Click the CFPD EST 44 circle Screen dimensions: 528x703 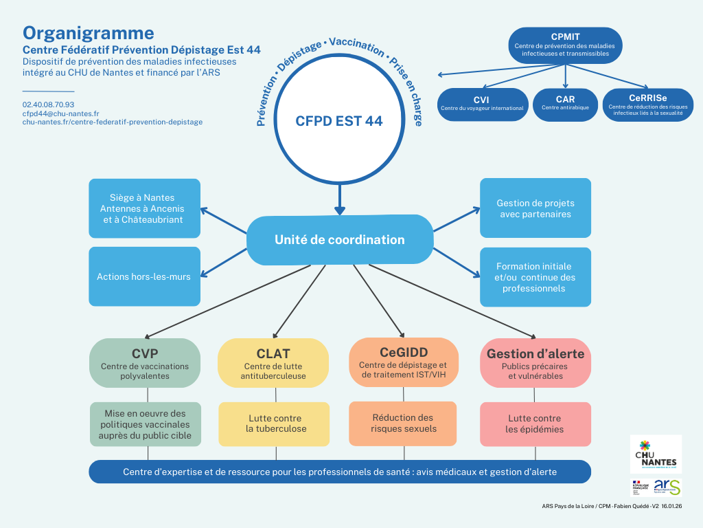(x=339, y=121)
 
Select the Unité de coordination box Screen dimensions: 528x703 (x=339, y=240)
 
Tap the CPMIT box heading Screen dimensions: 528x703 (x=565, y=36)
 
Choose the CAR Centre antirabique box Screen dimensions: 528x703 (x=565, y=104)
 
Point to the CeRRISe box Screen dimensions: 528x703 (x=647, y=104)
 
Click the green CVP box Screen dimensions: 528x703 (x=145, y=362)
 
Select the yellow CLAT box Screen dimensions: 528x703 (x=273, y=362)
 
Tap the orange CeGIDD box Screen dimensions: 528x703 (x=403, y=362)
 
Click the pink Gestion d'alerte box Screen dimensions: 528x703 (x=535, y=362)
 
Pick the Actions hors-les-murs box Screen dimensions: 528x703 (x=144, y=276)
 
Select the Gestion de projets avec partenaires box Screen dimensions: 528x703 (x=535, y=208)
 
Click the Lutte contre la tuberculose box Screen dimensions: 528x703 (x=276, y=423)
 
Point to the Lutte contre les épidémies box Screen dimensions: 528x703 (x=535, y=423)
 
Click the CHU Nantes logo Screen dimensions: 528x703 (x=656, y=454)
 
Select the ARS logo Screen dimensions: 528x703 (x=667, y=487)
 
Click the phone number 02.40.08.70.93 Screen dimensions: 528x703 (x=48, y=104)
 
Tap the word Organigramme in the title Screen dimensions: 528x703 (x=89, y=33)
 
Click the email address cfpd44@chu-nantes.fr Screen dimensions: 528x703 (x=60, y=113)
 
